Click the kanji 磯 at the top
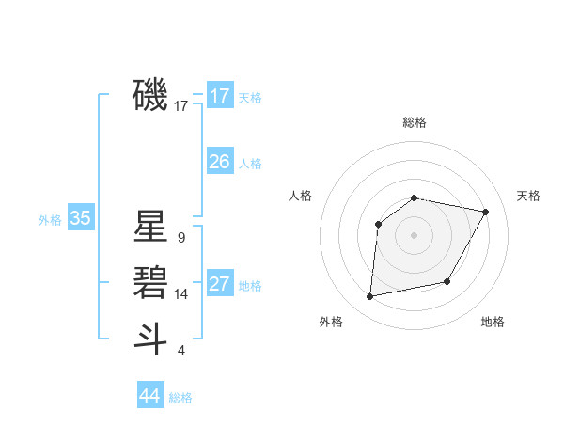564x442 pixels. (150, 94)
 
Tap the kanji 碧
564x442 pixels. (150, 281)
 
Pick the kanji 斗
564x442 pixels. (150, 338)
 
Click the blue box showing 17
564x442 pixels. (220, 96)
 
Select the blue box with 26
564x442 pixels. (220, 162)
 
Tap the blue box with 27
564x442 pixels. (220, 284)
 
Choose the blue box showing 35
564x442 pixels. (81, 219)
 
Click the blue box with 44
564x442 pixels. (150, 395)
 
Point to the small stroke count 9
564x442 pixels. (180, 238)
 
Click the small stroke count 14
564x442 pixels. (180, 294)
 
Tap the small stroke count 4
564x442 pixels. (180, 351)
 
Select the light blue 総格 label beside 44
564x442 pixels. (180, 398)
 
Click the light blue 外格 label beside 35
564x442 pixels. (50, 220)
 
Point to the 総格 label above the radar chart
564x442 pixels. (415, 122)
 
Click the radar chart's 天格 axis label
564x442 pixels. (528, 196)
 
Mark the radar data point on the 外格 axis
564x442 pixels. (370, 297)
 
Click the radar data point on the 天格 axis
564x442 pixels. (485, 212)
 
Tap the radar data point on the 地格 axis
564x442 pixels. (447, 281)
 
